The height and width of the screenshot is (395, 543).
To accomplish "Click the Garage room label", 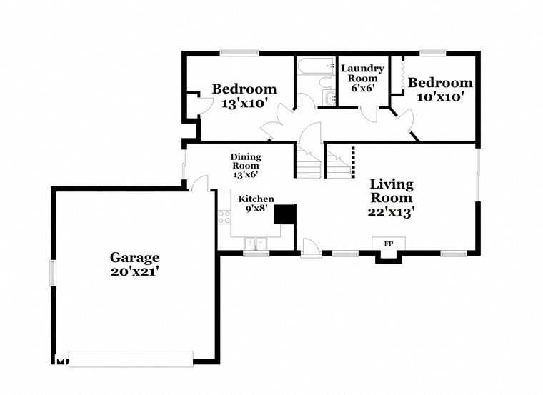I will click(x=134, y=257).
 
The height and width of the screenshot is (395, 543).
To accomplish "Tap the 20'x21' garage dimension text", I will click(x=134, y=271).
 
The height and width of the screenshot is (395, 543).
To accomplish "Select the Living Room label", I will click(x=390, y=191).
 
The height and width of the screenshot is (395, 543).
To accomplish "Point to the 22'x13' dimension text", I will click(x=390, y=211).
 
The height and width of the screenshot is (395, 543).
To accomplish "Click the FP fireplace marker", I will click(x=389, y=244).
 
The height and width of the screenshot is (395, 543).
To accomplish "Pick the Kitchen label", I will click(x=256, y=199).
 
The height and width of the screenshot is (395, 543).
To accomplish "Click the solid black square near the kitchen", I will click(x=286, y=215).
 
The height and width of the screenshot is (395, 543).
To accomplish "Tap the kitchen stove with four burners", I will click(x=225, y=216).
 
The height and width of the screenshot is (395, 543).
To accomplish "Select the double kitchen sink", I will click(x=255, y=244).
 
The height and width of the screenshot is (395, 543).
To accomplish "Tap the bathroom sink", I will click(x=328, y=98).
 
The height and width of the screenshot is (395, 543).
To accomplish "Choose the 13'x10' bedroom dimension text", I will click(x=244, y=103).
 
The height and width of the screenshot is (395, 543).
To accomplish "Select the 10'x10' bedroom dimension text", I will click(x=441, y=96).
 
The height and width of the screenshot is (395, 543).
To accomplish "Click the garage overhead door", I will click(x=131, y=358).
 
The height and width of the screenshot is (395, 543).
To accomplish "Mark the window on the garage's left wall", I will click(x=51, y=274).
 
